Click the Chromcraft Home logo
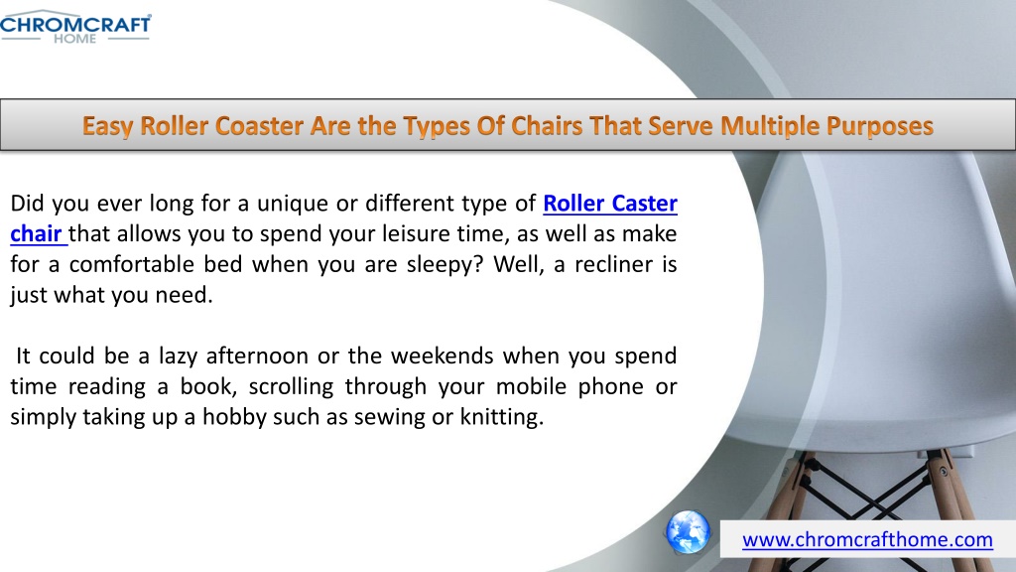(x=75, y=27)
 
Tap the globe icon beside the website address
(x=688, y=532)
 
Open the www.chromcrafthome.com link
(x=867, y=539)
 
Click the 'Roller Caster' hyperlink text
(x=610, y=204)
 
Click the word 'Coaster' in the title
(x=259, y=126)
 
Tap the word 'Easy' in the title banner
(x=108, y=126)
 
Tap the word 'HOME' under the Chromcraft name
(x=75, y=39)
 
